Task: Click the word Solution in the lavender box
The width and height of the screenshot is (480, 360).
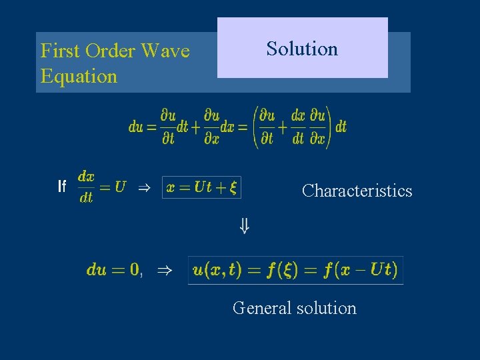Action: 302,49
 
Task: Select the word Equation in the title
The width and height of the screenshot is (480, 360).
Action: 79,76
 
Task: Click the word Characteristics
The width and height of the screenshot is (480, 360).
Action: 357,191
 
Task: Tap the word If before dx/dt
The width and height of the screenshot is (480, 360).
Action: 62,187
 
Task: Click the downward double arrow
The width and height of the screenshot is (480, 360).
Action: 245,227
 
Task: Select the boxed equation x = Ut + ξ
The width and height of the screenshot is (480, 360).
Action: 201,187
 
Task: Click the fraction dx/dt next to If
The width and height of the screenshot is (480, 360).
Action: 86,187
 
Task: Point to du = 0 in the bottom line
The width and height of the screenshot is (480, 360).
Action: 113,270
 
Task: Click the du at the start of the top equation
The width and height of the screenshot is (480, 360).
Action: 136,127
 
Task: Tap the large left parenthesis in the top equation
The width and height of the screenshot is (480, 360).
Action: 255,127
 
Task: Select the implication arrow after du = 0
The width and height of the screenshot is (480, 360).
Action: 163,270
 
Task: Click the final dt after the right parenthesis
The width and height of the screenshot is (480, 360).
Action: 341,127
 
